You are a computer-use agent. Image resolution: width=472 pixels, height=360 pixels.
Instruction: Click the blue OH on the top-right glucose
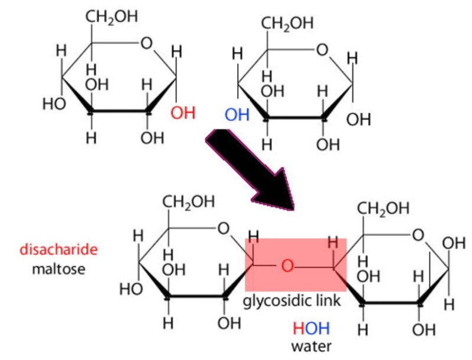coord(237,114)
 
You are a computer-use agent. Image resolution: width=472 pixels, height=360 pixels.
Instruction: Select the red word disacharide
coord(58,250)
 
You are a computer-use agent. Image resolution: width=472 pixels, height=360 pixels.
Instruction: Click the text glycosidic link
coord(293,301)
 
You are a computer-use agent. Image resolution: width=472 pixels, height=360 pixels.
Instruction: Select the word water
coord(311,345)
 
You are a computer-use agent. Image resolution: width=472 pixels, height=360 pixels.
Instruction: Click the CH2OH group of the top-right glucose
coord(287,24)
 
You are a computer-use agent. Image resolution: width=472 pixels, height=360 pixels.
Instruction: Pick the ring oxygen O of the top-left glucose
coord(146,42)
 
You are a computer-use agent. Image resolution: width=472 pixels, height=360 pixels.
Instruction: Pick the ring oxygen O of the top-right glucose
coord(322,50)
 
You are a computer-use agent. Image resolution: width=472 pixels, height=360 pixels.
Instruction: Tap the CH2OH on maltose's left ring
coord(189,201)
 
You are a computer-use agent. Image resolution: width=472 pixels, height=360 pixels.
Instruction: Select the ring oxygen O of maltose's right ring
coord(418,235)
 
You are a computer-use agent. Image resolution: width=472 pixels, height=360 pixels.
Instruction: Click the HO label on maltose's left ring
coord(130,289)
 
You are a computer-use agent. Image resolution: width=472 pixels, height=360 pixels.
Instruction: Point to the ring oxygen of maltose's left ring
coord(223,228)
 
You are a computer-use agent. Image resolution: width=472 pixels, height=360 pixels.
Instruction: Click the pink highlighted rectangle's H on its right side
coord(333,243)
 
